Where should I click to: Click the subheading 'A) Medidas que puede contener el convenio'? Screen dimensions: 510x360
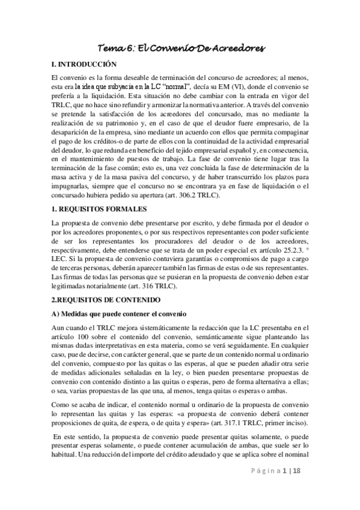click(120, 315)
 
